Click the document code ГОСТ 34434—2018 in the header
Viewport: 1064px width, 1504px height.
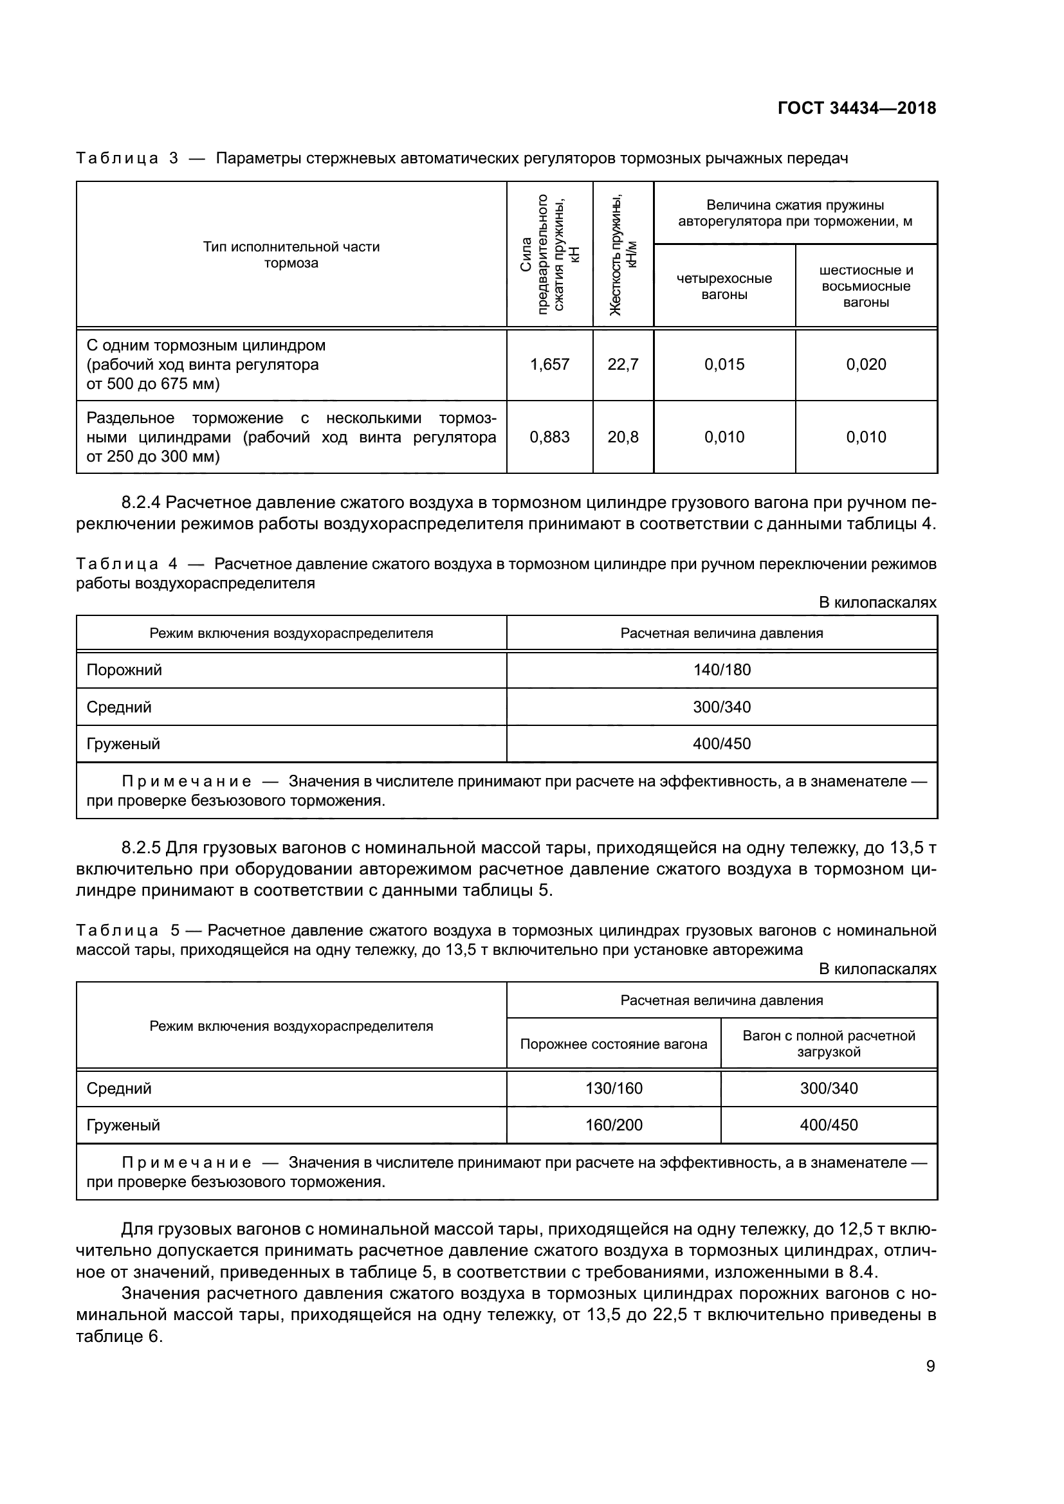pyautogui.click(x=856, y=108)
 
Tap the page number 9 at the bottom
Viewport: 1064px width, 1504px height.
pyautogui.click(x=930, y=1366)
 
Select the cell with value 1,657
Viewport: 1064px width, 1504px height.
pyautogui.click(x=549, y=365)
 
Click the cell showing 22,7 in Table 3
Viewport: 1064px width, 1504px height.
pyautogui.click(x=623, y=365)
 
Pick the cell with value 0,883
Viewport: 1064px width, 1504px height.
pyautogui.click(x=549, y=437)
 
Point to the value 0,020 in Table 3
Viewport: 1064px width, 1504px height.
pyautogui.click(x=865, y=365)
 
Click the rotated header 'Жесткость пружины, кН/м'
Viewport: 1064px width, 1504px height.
pyautogui.click(x=623, y=254)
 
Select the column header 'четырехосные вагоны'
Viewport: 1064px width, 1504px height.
pyautogui.click(x=724, y=286)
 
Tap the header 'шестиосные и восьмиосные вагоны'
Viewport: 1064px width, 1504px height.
pyautogui.click(x=865, y=286)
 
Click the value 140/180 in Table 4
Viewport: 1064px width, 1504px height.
pyautogui.click(x=721, y=670)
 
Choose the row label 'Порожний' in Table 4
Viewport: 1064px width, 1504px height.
pyautogui.click(x=125, y=670)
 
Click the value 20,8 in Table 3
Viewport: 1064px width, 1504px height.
pyautogui.click(x=623, y=437)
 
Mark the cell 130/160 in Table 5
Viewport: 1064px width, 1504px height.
pyautogui.click(x=613, y=1088)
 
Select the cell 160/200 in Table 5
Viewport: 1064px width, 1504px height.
pyautogui.click(x=613, y=1125)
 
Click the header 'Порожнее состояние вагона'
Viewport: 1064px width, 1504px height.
pyautogui.click(x=613, y=1044)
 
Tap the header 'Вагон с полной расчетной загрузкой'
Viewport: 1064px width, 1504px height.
pyautogui.click(x=828, y=1044)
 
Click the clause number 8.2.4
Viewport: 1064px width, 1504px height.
pyautogui.click(x=141, y=502)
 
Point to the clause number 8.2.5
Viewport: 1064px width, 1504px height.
pyautogui.click(x=141, y=848)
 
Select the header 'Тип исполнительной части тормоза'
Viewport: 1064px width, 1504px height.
pyautogui.click(x=291, y=255)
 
